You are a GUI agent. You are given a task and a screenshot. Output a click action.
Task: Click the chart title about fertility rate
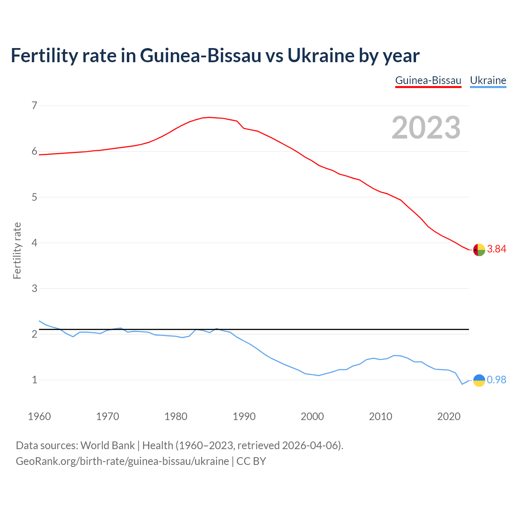click(x=215, y=55)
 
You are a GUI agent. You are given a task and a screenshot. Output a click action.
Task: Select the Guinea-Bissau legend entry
click(x=428, y=80)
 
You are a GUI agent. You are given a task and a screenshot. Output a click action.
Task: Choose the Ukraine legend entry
click(x=488, y=80)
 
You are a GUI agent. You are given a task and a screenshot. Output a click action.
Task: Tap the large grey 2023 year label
click(x=426, y=128)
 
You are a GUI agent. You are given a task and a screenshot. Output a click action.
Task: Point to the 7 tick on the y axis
click(x=34, y=106)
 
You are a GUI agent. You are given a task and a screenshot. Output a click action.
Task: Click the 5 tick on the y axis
click(x=34, y=197)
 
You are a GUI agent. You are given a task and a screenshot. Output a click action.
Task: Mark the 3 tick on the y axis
click(x=34, y=288)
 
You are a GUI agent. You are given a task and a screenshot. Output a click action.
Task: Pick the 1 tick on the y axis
click(x=34, y=380)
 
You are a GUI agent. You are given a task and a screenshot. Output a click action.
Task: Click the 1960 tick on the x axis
click(x=39, y=416)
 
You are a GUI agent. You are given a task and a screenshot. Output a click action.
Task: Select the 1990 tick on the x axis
click(x=244, y=416)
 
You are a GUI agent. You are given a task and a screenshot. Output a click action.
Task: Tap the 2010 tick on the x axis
click(x=380, y=416)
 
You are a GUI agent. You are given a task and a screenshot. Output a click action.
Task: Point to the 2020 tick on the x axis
click(x=449, y=416)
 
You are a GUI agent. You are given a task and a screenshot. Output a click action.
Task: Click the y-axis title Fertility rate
click(x=17, y=250)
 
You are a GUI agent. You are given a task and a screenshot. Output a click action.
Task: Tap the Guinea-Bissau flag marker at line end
click(x=479, y=250)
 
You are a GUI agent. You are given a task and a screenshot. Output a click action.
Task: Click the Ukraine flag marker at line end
click(x=479, y=380)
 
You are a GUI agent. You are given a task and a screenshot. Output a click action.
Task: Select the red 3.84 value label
click(x=496, y=249)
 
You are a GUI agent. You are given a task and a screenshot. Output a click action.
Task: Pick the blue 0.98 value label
click(x=496, y=380)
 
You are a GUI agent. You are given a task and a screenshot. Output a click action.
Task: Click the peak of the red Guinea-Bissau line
click(x=209, y=117)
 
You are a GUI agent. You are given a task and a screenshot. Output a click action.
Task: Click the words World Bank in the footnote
click(x=107, y=446)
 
